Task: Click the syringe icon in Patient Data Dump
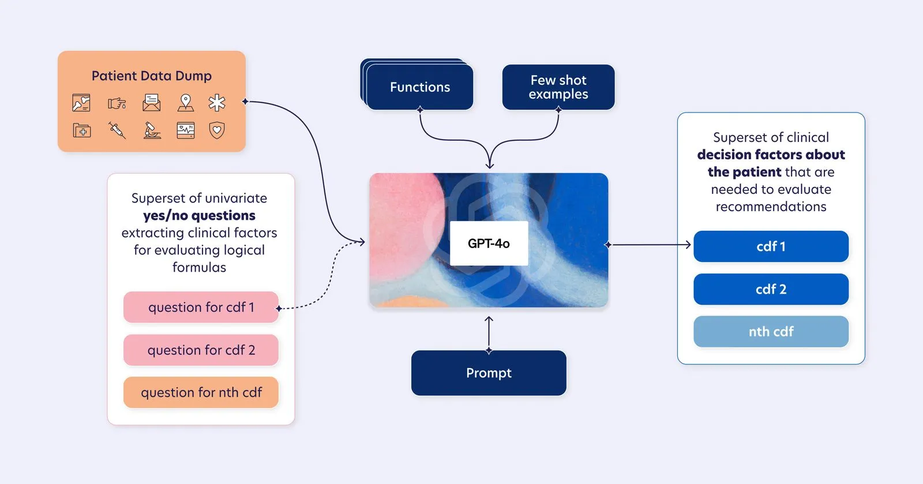(117, 130)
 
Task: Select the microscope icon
(152, 130)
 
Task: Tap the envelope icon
(152, 103)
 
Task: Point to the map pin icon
(185, 103)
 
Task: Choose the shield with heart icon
(217, 130)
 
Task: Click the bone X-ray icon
(81, 103)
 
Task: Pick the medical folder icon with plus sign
(81, 130)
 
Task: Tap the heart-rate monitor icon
(185, 130)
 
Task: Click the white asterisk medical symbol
(217, 103)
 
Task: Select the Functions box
(420, 87)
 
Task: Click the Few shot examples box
(558, 87)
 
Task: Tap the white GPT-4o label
(489, 243)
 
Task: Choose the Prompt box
(489, 373)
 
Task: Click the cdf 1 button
(771, 246)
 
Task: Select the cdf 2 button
(771, 289)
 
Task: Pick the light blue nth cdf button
(771, 332)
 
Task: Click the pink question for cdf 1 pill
(201, 307)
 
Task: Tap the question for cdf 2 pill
(201, 350)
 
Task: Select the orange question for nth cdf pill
(201, 392)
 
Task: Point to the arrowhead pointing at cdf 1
(688, 245)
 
